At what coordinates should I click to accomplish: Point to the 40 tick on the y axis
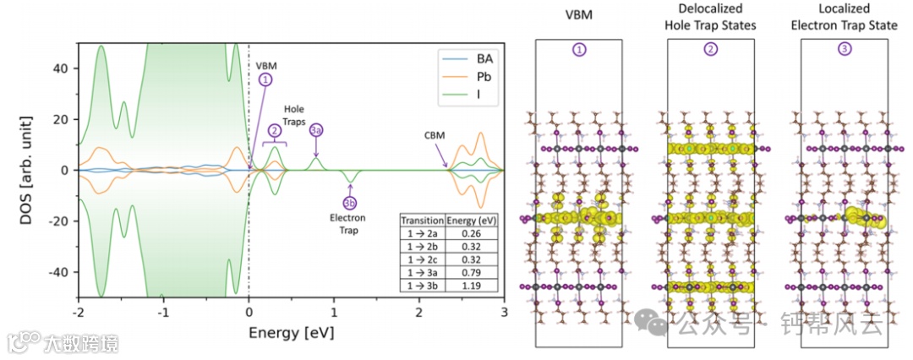click(60, 68)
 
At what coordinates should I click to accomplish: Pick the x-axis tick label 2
click(419, 312)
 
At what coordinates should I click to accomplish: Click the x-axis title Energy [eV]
click(291, 332)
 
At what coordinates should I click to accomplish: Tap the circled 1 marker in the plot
click(266, 79)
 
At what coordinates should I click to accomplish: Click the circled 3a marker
click(316, 130)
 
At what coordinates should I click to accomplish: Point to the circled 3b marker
click(350, 203)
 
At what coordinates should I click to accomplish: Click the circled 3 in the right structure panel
click(845, 50)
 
